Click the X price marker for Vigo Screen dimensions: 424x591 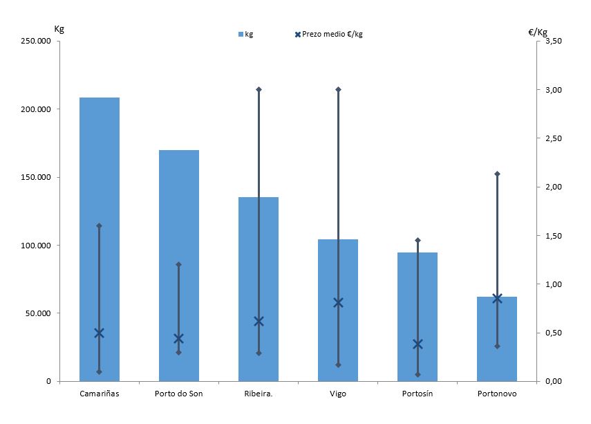tap(338, 302)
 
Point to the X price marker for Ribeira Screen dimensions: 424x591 tap(259, 321)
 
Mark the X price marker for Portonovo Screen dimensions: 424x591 tap(497, 298)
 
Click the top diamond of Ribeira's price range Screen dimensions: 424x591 tap(259, 89)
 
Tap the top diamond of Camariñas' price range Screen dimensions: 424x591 tap(99, 225)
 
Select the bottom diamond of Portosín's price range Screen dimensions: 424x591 tap(418, 375)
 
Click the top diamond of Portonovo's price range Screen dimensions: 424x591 tap(497, 174)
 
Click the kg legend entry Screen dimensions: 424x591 tap(245, 34)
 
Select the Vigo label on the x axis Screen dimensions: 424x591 tap(338, 394)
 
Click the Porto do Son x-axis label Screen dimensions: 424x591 tap(178, 394)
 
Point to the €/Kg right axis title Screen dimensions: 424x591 tap(537, 32)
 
